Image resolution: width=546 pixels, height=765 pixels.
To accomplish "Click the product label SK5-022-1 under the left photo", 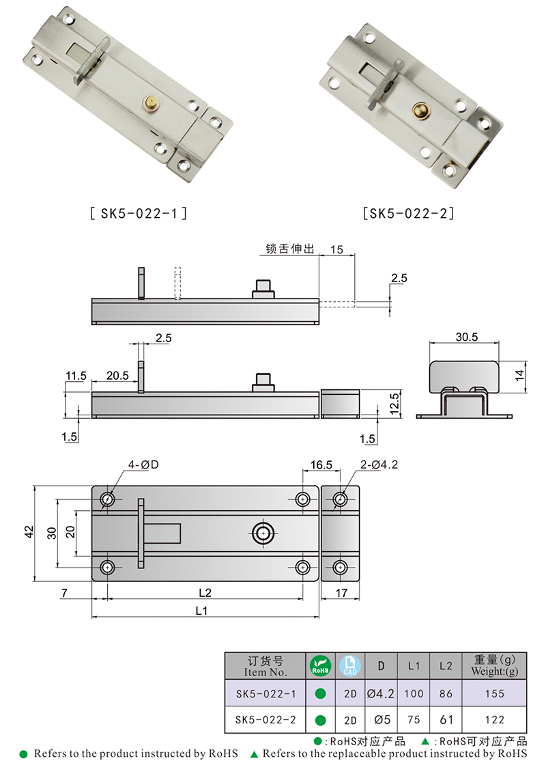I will pyautogui.click(x=138, y=213).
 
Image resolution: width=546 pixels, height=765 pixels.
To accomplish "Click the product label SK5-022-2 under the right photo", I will pyautogui.click(x=409, y=213).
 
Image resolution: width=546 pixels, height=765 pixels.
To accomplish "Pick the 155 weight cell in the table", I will pyautogui.click(x=495, y=693).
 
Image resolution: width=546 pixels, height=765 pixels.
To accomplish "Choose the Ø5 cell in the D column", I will pyautogui.click(x=381, y=719).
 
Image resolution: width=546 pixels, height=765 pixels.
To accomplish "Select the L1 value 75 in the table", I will pyautogui.click(x=414, y=719).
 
